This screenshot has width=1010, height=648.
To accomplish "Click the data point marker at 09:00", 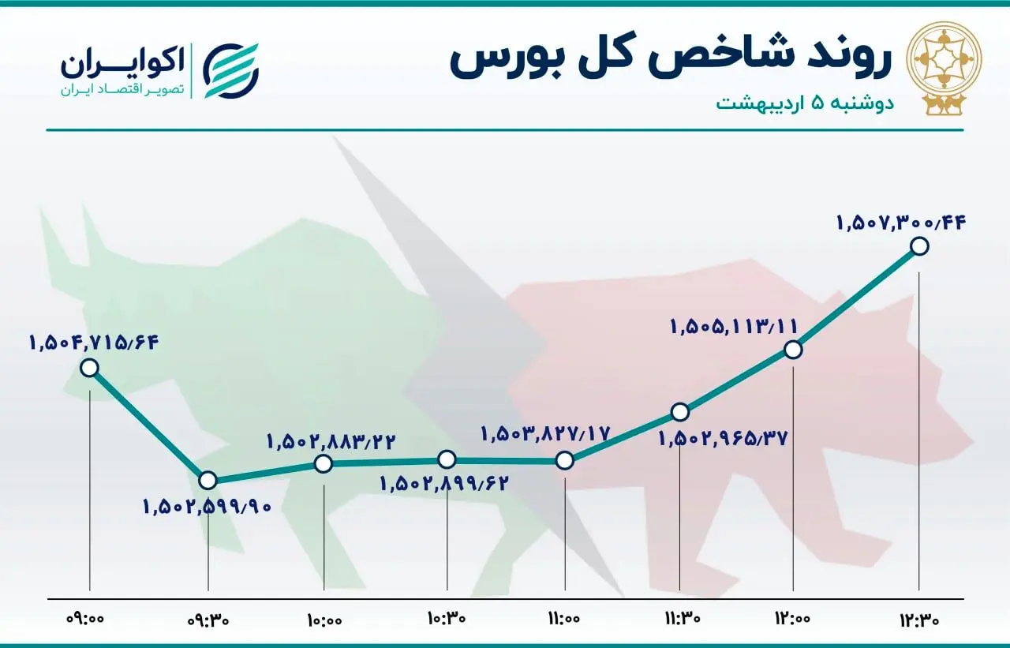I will pos(90,367).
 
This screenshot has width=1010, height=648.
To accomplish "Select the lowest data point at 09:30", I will pos(208,480).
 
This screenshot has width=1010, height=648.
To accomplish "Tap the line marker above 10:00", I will pos(324,463).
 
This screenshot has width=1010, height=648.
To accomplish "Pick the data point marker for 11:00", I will pos(563,460).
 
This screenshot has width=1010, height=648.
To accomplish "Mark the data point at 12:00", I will pos(794,349).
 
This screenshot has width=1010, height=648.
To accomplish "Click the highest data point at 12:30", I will pos(919,246).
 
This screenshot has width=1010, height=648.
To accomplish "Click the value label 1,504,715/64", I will pos(95,343).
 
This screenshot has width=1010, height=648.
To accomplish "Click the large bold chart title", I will pos(671,60).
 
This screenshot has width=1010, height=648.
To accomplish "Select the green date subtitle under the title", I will pos(805,103).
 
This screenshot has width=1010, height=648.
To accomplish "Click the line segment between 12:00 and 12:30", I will pos(857,298).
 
